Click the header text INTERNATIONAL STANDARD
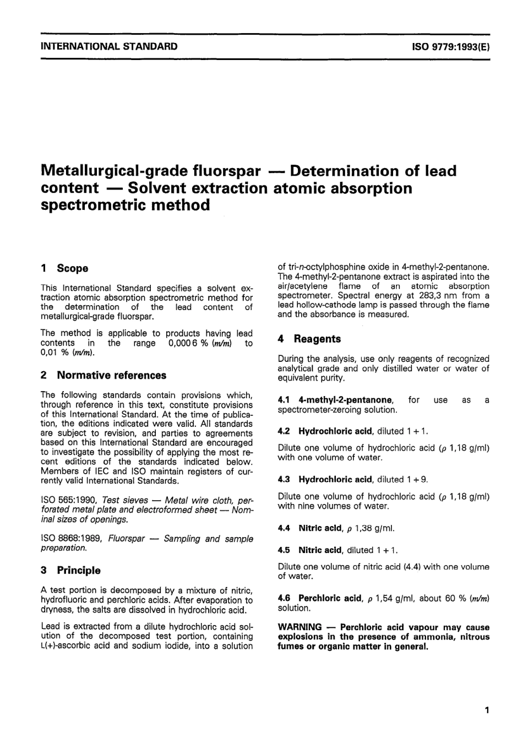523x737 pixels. [109, 46]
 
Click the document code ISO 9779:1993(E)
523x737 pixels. [450, 47]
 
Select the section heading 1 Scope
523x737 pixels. [64, 268]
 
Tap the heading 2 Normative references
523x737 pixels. [103, 375]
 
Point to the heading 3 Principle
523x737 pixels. [70, 570]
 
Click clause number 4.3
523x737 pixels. [284, 479]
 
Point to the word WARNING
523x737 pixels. [299, 627]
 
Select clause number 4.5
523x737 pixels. [284, 550]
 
